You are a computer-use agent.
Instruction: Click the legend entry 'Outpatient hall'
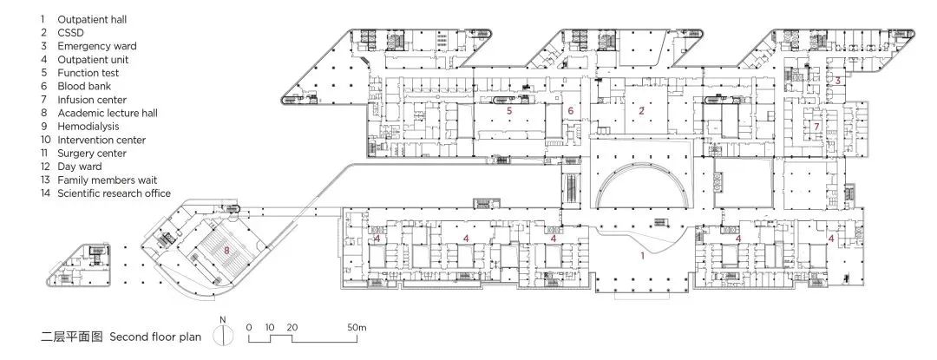tap(92, 20)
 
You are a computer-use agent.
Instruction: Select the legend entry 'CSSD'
tap(70, 33)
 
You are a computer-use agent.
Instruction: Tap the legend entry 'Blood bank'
tap(84, 86)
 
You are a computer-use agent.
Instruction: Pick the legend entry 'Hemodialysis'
tap(88, 127)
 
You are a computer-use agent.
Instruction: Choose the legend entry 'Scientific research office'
tap(115, 193)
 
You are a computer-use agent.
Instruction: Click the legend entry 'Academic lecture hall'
tap(108, 113)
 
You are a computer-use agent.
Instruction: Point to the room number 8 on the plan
tap(226, 250)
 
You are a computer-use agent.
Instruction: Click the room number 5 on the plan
tap(510, 110)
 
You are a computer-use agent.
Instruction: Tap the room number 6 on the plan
tap(570, 110)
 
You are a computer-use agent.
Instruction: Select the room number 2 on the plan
tap(642, 110)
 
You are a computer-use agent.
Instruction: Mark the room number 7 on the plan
tap(816, 127)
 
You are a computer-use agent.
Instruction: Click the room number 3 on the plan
tap(838, 80)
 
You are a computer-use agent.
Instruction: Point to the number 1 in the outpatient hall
tap(642, 256)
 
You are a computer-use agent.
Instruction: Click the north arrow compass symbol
tap(222, 334)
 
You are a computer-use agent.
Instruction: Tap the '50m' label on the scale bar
tap(357, 327)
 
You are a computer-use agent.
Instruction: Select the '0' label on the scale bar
tap(249, 327)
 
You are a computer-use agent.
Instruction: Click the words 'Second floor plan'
tap(155, 337)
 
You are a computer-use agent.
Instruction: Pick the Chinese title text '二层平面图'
tap(72, 337)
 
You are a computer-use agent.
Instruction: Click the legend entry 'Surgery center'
tap(92, 154)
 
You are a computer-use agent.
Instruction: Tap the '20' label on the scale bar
tap(292, 327)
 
